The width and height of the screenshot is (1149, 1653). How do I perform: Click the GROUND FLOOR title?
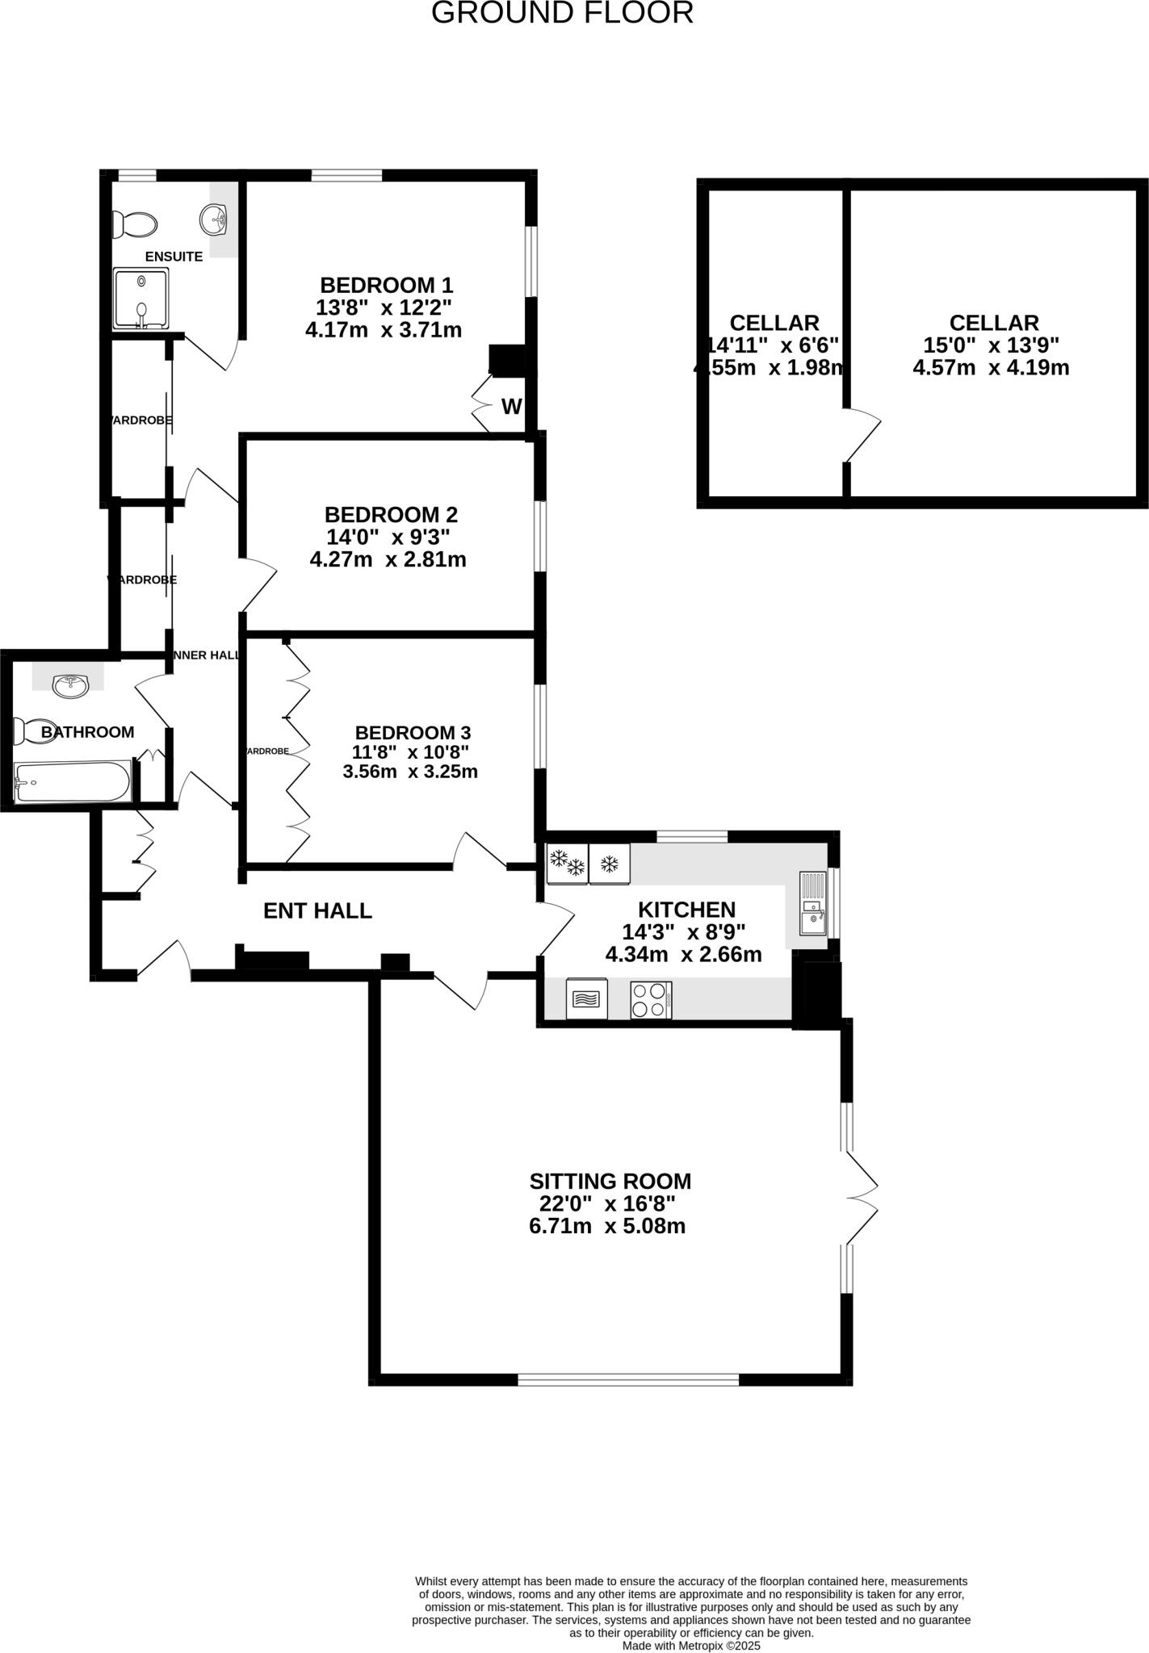click(x=562, y=13)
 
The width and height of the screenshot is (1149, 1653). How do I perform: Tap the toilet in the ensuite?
click(x=133, y=224)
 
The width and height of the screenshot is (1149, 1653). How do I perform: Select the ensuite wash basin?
click(x=215, y=218)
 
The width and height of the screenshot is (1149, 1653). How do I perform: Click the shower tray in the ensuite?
click(x=141, y=299)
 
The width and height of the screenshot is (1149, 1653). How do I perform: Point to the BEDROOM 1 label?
click(x=386, y=285)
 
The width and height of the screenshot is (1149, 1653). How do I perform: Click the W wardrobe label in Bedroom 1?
click(x=511, y=407)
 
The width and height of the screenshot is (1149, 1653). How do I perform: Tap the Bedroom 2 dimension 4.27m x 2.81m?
click(x=388, y=559)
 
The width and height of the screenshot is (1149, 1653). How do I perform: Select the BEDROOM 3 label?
click(x=413, y=733)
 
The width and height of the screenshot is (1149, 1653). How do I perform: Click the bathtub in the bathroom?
click(x=73, y=782)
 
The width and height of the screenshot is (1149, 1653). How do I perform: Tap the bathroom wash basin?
click(x=70, y=686)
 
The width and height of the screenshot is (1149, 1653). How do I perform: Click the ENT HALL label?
click(x=317, y=911)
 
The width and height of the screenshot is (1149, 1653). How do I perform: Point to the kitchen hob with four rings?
click(x=651, y=1000)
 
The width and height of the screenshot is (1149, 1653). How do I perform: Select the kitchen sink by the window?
click(x=813, y=903)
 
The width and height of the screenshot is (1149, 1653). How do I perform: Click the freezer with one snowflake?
click(x=610, y=864)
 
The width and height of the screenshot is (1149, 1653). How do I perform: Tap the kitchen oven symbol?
click(x=587, y=1000)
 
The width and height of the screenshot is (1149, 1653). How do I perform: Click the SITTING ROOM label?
click(x=610, y=1182)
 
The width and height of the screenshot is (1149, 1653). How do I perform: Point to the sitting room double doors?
click(x=862, y=1198)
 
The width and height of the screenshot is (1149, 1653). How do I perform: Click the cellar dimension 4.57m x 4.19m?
click(x=991, y=368)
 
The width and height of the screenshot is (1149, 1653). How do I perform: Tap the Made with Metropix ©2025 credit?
click(x=690, y=1645)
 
